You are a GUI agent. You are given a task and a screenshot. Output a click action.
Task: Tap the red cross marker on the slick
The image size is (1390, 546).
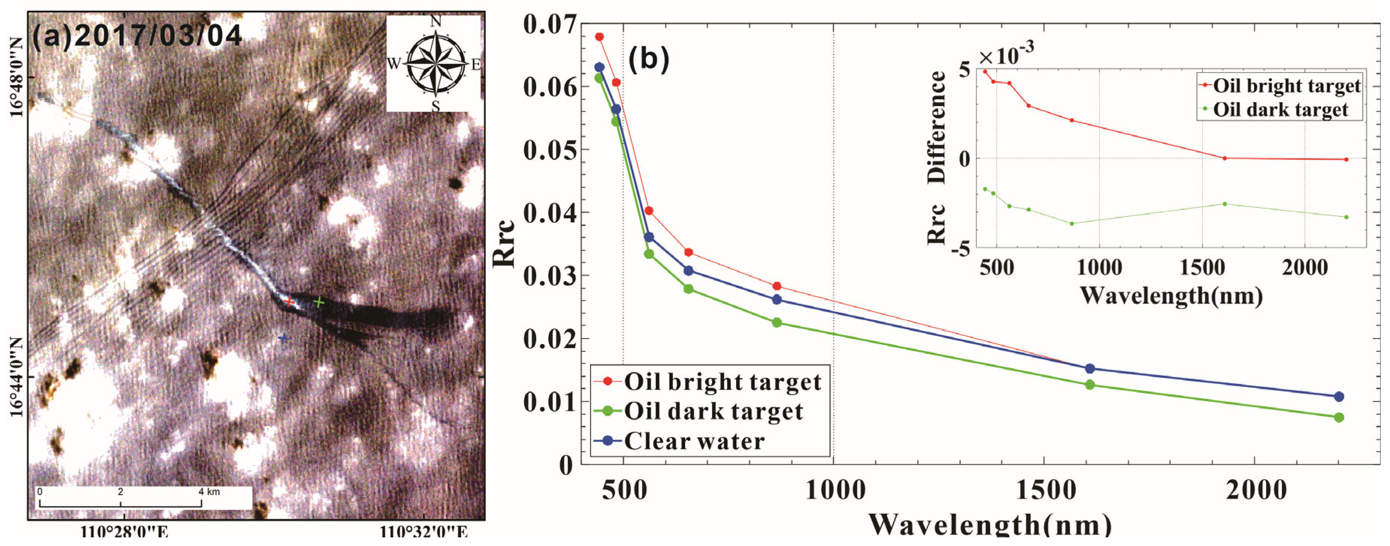289,301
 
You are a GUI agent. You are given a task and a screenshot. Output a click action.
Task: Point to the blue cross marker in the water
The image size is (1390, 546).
283,339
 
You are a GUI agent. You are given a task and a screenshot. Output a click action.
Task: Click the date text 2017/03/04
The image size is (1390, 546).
158,36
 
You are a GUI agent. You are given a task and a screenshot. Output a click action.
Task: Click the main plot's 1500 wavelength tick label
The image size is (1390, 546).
1046,490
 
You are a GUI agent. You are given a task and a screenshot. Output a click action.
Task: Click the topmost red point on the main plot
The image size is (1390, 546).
599,37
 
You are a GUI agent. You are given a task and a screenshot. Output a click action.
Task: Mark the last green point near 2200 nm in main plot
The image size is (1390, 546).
1339,417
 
